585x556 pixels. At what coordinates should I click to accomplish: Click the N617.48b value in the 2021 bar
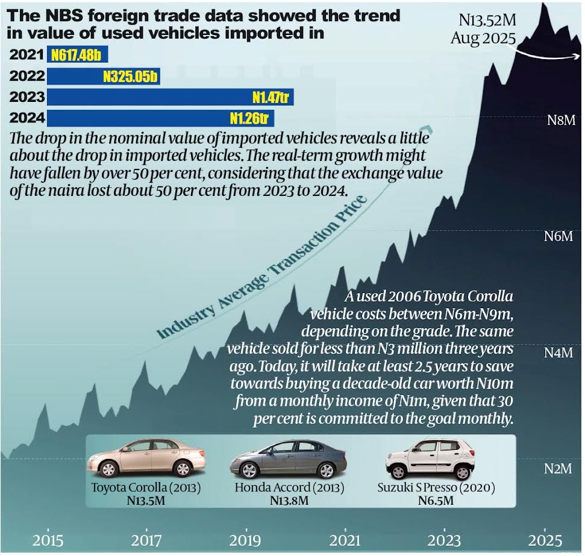[76, 56]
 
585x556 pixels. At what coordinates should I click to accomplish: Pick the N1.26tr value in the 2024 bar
[249, 117]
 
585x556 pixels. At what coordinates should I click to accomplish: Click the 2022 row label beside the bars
[27, 77]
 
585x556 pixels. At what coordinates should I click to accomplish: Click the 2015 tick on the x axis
[48, 539]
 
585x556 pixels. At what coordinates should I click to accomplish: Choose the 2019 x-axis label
[246, 539]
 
